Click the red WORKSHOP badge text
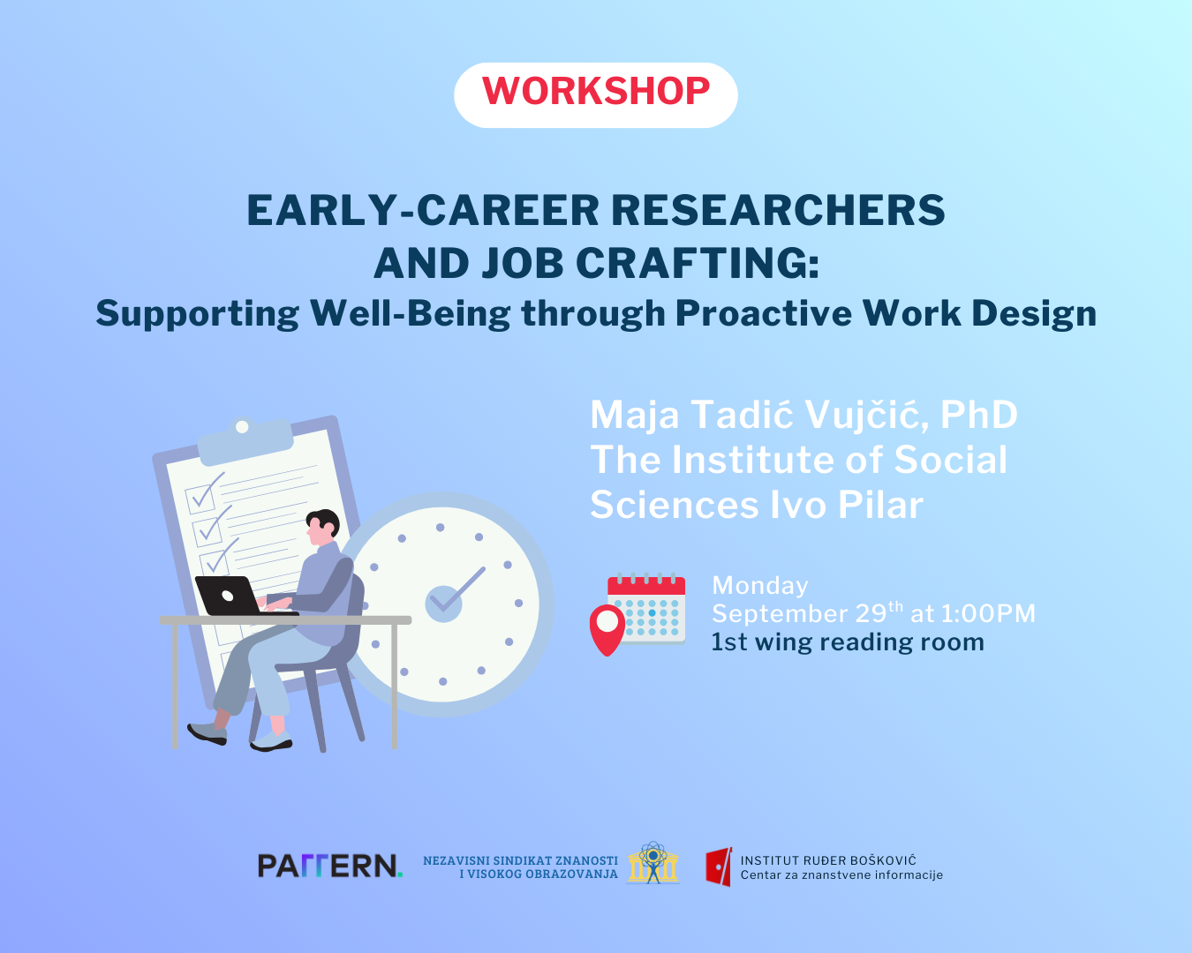point(596,91)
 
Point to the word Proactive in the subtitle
point(763,313)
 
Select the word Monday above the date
point(760,586)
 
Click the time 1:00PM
point(989,613)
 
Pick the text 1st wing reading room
point(848,642)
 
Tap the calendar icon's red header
point(646,585)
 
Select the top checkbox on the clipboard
point(201,498)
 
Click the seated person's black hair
point(325,522)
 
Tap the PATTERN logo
point(330,866)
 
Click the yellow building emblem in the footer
point(653,862)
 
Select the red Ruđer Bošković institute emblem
point(719,867)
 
